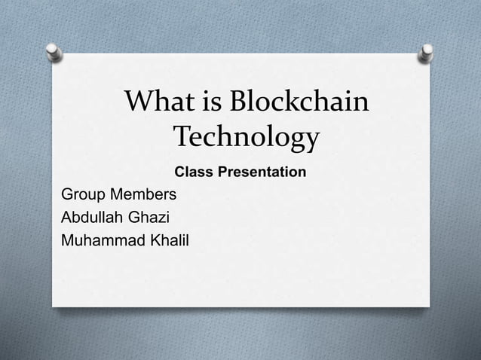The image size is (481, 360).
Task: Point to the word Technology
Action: point(247,139)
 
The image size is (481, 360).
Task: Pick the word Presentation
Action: point(260,172)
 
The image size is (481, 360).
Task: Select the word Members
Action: point(144,195)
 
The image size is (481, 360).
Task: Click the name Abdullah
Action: point(90,218)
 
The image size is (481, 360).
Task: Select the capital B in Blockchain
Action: point(243,103)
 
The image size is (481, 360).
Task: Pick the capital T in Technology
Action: point(184,138)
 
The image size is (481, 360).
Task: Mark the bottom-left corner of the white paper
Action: point(53,306)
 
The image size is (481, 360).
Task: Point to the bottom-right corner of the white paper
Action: point(429,306)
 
